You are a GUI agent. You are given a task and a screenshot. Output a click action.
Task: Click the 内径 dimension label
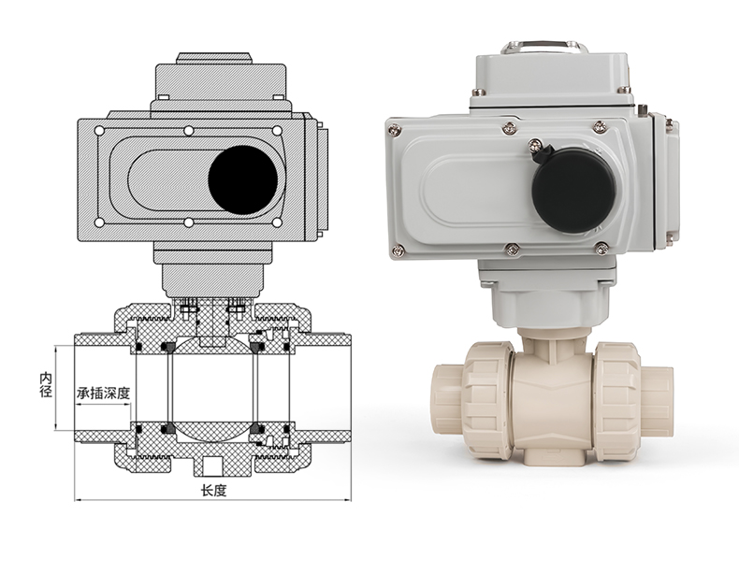(x=46, y=385)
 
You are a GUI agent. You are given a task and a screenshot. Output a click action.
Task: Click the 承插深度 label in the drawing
(x=103, y=393)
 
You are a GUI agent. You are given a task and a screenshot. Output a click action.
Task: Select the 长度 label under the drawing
(x=214, y=491)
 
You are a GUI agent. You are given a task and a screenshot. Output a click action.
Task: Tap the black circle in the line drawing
(x=242, y=180)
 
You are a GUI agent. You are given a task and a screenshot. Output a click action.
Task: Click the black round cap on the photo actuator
(x=574, y=191)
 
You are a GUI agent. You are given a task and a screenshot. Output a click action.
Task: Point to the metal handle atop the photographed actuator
(x=543, y=47)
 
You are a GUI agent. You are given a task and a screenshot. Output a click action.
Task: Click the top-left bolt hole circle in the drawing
(x=99, y=131)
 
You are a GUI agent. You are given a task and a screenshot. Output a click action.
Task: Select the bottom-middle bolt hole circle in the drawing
(x=189, y=222)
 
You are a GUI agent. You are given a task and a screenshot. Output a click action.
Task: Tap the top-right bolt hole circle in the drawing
(x=277, y=131)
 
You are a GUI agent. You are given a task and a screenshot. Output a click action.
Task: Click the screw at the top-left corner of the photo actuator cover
(x=395, y=129)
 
